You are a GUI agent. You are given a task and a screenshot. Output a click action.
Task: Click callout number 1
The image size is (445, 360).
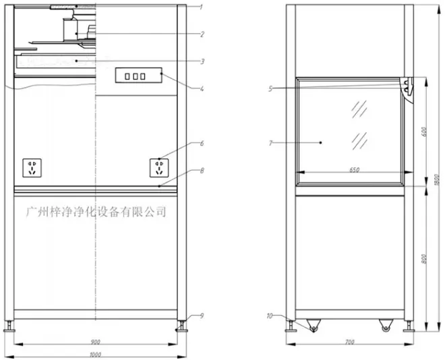(201, 7)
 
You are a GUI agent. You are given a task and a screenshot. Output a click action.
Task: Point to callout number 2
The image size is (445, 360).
(202, 34)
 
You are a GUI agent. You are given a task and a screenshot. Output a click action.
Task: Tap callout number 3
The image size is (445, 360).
(202, 61)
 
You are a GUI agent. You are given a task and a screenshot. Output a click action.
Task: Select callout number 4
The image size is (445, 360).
(202, 89)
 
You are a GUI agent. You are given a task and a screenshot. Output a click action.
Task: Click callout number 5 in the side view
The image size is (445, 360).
(270, 89)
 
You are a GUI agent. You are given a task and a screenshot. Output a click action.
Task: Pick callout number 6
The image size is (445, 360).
(202, 144)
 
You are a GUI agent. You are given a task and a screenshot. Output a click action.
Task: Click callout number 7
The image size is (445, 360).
(270, 144)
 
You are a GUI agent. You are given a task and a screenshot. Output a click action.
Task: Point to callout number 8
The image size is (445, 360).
(202, 171)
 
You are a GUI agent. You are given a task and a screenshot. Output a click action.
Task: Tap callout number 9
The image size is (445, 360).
(202, 316)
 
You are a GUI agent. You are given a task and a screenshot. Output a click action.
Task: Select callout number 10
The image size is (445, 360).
(269, 316)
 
